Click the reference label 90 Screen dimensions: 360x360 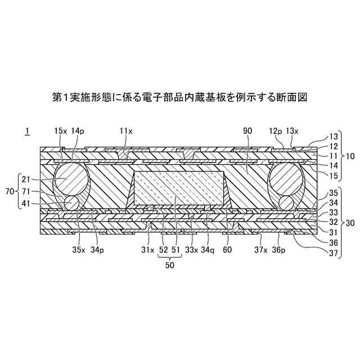point(247,131)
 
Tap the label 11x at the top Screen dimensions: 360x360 point(126,131)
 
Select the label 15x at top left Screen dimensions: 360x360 point(61,131)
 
